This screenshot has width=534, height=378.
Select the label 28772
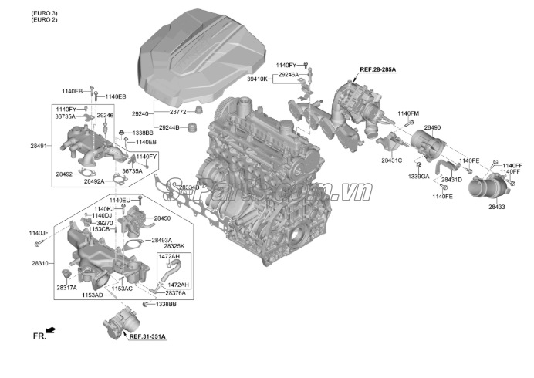pyautogui.click(x=179, y=113)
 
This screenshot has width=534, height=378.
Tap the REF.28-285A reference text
pyautogui.click(x=377, y=70)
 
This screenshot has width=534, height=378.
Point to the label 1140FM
pyautogui.click(x=408, y=114)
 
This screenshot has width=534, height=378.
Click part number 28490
pyautogui.click(x=432, y=127)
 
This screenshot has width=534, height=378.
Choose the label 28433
pyautogui.click(x=496, y=208)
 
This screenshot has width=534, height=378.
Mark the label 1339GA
pyautogui.click(x=418, y=177)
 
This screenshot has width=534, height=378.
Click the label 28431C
pyautogui.click(x=391, y=160)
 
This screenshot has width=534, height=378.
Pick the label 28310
pyautogui.click(x=39, y=263)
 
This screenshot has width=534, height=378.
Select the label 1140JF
pyautogui.click(x=39, y=233)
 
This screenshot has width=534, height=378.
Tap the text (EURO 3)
pyautogui.click(x=44, y=13)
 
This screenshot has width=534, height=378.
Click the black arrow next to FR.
pyautogui.click(x=51, y=330)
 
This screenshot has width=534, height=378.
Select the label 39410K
pyautogui.click(x=257, y=79)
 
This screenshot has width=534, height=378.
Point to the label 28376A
pyautogui.click(x=175, y=293)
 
